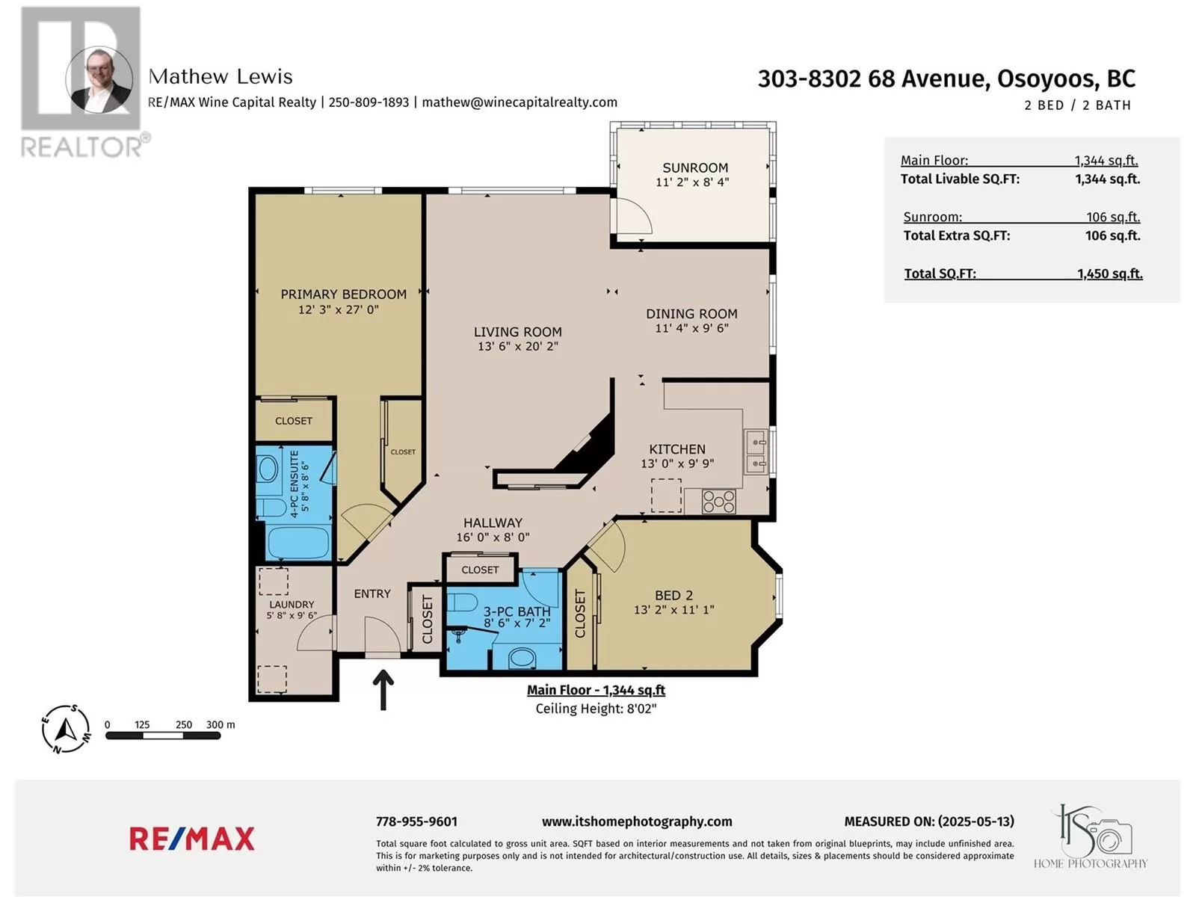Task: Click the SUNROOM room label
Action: pos(694,167)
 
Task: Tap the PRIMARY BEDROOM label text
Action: pos(343,295)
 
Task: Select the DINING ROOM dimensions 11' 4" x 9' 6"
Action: pos(691,328)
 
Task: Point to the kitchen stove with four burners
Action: pos(718,502)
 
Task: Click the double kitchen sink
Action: pos(756,451)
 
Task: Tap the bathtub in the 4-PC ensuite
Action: pos(298,540)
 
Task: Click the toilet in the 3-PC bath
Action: pos(463,602)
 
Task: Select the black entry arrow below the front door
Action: pos(383,690)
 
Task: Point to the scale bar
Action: pos(163,736)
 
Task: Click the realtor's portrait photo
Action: pos(99,80)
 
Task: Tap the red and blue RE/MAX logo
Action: pos(192,839)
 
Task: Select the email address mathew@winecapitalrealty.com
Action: pos(520,102)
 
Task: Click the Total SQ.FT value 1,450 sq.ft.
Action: pos(1109,274)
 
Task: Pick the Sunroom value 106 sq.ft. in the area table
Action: pos(1113,217)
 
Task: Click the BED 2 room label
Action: pos(673,595)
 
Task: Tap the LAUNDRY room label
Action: pos(292,605)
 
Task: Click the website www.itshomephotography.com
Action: pos(637,822)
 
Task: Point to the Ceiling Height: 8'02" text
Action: pos(596,709)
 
